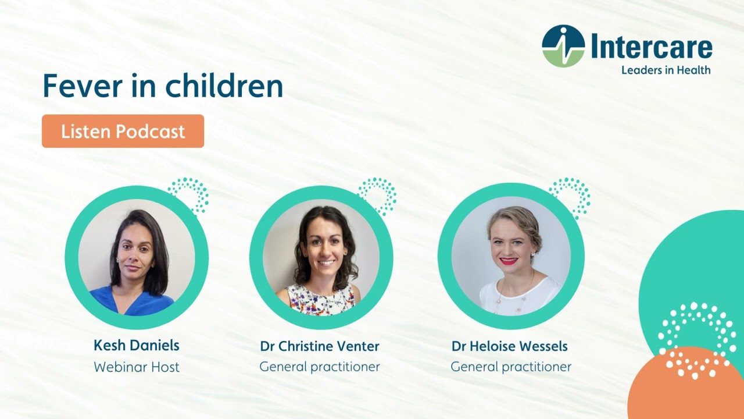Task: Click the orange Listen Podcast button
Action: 123,131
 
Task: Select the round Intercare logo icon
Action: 563,46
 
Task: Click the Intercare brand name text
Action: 652,46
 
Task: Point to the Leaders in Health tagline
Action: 666,70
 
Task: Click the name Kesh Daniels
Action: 136,345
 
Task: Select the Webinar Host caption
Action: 136,367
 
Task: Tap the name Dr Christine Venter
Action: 320,346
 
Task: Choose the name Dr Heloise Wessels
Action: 510,346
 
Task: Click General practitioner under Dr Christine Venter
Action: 320,367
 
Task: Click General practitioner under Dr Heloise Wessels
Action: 511,367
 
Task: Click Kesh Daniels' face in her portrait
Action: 135,250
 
